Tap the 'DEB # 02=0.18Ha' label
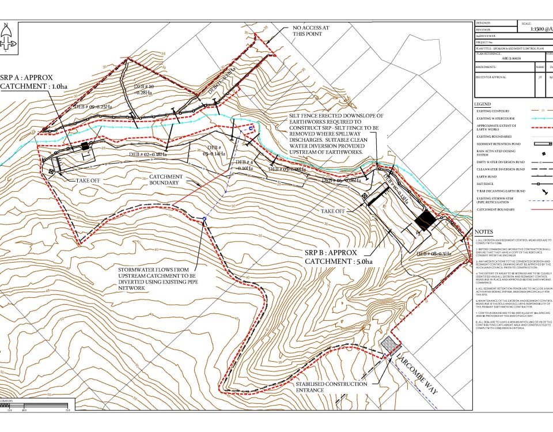(148, 154)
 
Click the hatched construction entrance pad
(390, 346)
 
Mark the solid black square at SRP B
(425, 220)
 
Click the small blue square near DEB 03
(251, 128)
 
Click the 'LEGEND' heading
(483, 104)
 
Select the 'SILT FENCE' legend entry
(487, 184)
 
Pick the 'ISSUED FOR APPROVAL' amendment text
(490, 76)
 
